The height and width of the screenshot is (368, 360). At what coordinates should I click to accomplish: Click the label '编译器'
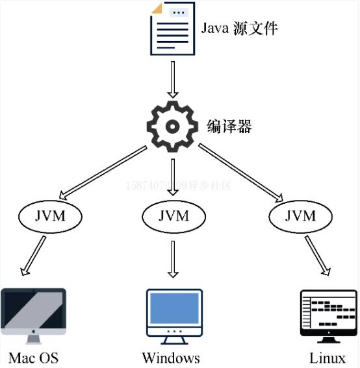click(229, 125)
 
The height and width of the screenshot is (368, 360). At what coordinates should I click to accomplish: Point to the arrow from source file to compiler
click(172, 79)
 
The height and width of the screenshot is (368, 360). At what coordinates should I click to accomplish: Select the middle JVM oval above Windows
click(174, 215)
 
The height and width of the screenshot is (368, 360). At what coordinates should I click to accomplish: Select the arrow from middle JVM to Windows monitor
click(173, 258)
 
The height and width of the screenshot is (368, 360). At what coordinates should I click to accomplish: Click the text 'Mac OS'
click(34, 358)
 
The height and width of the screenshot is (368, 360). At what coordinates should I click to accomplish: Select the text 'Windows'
click(171, 358)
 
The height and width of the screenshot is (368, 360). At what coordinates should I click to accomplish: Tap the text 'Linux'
click(328, 358)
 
